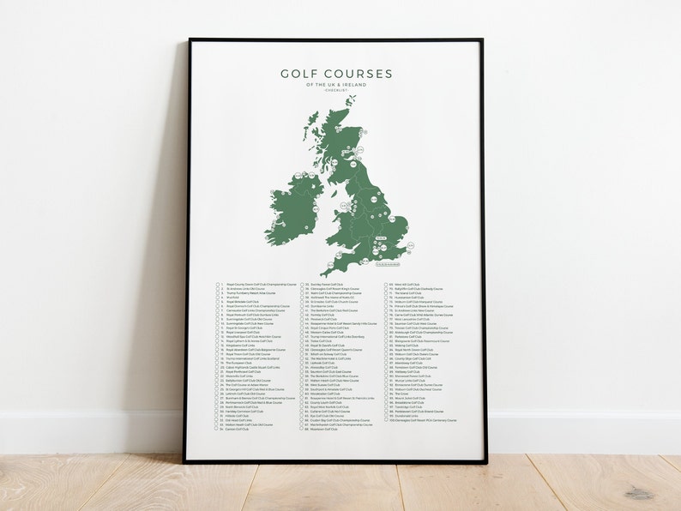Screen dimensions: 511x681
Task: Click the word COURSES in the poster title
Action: pos(359,74)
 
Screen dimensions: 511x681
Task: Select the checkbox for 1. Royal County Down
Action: pos(219,285)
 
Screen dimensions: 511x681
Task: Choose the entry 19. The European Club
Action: pos(240,363)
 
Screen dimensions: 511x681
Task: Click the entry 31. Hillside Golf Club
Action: pos(241,415)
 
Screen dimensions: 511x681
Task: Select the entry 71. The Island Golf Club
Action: pos(407,293)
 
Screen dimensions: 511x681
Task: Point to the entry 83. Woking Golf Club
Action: pos(407,346)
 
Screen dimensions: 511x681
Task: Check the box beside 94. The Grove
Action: pos(385,394)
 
